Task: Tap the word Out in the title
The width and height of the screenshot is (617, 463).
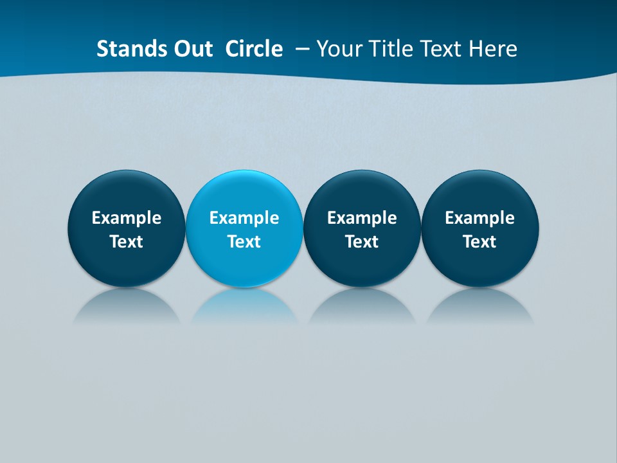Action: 191,49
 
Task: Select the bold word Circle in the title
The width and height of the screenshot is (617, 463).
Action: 254,49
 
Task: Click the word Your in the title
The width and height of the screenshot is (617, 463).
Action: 338,49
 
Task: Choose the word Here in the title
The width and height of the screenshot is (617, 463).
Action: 492,49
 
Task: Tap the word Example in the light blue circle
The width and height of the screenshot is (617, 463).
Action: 244,218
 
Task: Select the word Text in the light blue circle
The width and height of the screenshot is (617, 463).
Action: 244,242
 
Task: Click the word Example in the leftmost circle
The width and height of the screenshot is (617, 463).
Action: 127,218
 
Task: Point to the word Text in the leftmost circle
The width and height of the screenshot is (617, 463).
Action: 127,242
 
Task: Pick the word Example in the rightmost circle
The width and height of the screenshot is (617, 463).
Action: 479,218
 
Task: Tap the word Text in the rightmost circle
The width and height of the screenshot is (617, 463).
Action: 479,242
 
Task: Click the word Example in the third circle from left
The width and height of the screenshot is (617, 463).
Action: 362,218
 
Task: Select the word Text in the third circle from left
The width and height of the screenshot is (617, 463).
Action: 362,242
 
